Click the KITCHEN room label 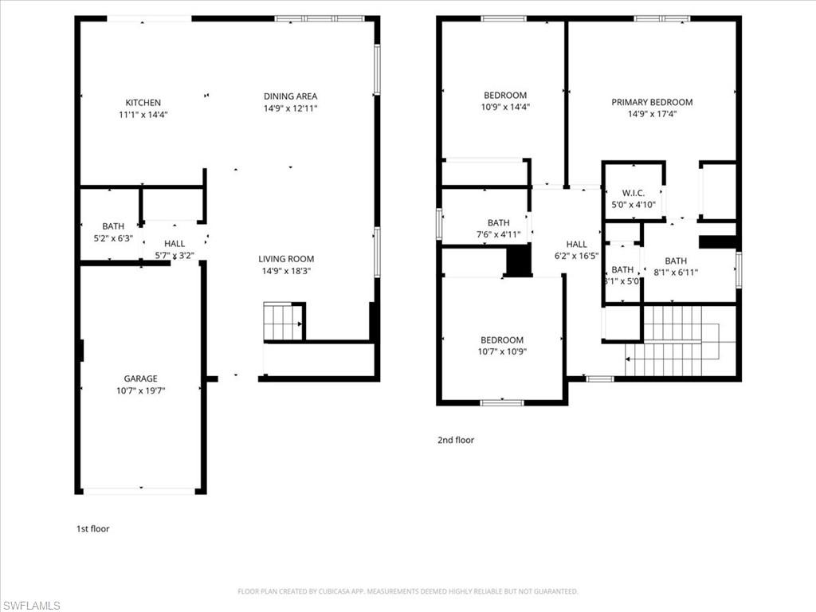click(143, 103)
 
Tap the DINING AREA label click(291, 96)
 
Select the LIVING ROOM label click(286, 259)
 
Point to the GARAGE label click(140, 379)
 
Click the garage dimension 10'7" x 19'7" click(140, 390)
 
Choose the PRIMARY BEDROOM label click(652, 102)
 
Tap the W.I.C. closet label click(633, 194)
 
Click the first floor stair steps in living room click(282, 322)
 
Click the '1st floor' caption click(92, 528)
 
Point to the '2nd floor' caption click(456, 440)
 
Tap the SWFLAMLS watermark click(31, 606)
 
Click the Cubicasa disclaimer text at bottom click(407, 591)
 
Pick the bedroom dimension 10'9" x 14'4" click(505, 107)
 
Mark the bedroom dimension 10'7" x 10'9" click(502, 351)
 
